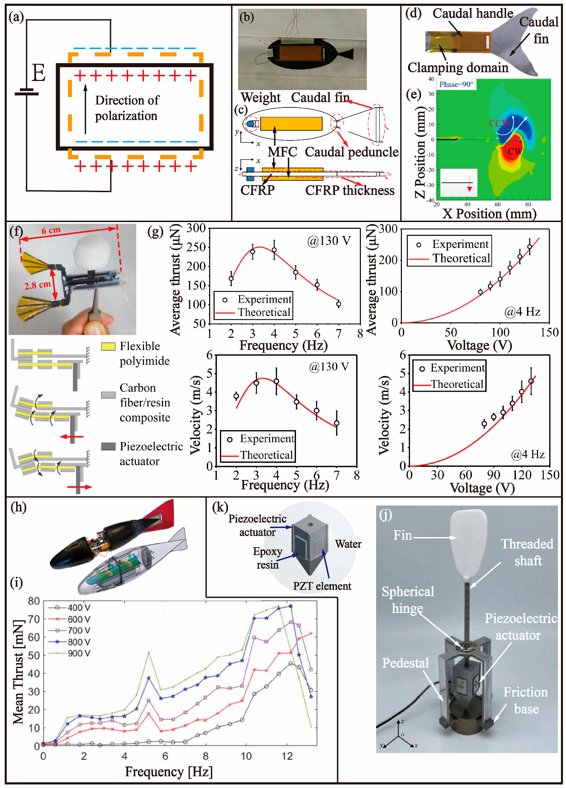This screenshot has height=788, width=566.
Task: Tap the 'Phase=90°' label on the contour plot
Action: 456,84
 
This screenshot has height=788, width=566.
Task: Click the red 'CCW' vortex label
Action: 499,123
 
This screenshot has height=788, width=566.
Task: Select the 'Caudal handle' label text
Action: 473,13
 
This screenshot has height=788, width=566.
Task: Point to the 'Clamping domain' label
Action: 457,68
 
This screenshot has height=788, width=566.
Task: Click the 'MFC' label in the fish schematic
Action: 282,152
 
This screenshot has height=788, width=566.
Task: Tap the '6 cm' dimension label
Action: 51,230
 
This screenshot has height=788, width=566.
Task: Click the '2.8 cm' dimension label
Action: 37,285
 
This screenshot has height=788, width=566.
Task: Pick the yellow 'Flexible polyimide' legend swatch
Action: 108,346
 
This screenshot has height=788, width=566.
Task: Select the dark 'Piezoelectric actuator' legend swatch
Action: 108,446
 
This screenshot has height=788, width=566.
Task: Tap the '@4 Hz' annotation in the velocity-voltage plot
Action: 527,454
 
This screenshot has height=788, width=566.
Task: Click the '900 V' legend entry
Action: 79,654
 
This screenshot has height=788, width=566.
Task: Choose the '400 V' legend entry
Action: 79,608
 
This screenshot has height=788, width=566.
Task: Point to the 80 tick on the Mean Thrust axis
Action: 34,601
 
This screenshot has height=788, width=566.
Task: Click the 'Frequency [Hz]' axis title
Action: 169,771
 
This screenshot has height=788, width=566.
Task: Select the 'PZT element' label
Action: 322,586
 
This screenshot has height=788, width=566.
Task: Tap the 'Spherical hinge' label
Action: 407,600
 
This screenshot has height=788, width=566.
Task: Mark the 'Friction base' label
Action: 525,700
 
